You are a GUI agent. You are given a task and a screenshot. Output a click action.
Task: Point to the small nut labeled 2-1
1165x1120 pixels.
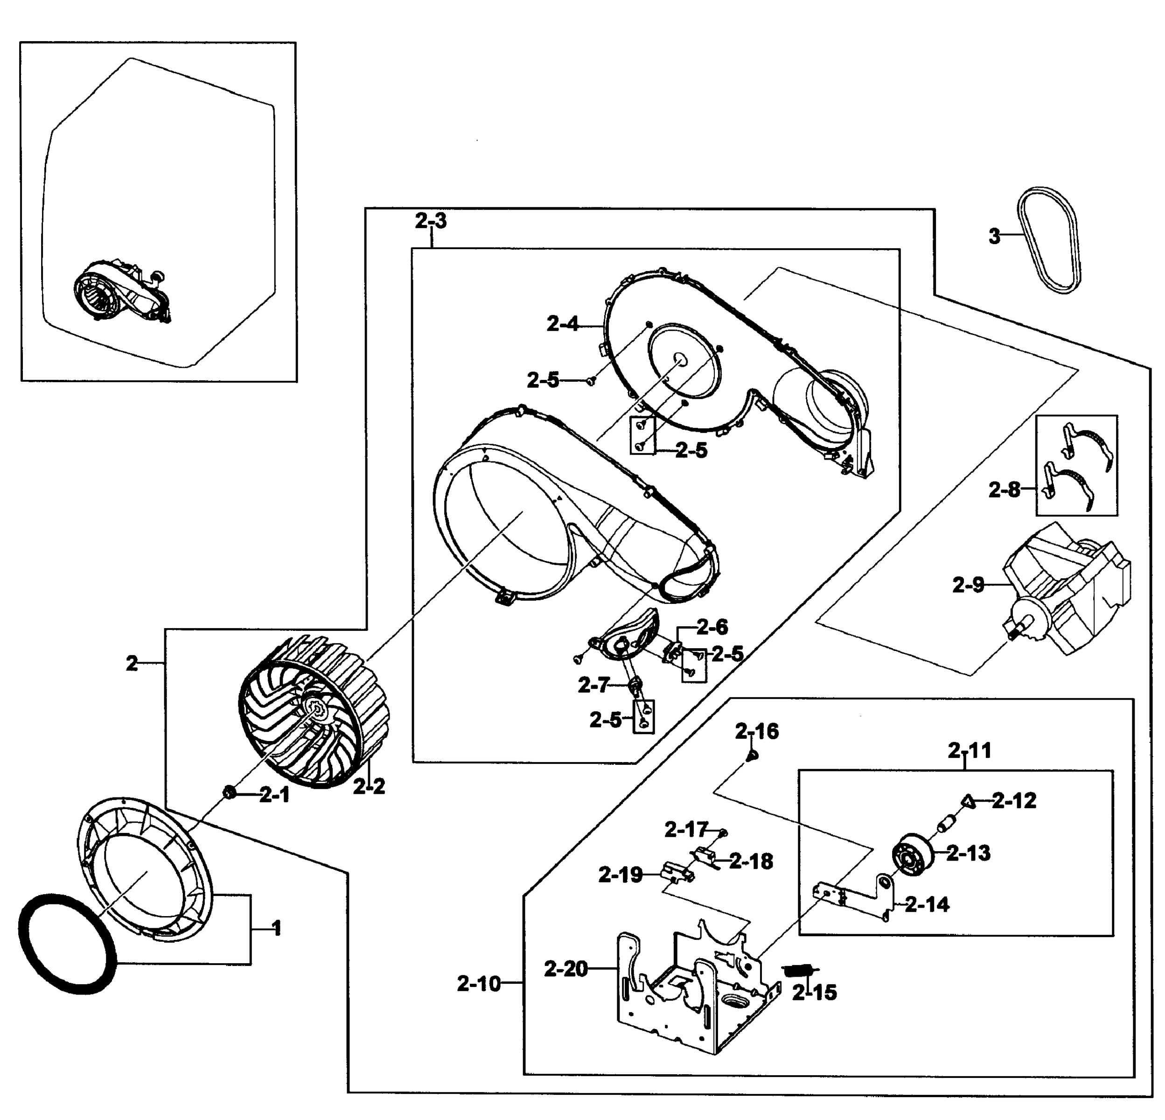pos(228,792)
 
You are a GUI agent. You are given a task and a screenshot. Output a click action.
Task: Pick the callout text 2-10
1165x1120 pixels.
pos(479,984)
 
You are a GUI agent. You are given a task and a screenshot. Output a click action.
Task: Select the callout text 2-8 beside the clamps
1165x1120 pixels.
pos(1005,490)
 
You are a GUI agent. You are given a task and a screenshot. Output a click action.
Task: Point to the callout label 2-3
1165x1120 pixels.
pos(430,221)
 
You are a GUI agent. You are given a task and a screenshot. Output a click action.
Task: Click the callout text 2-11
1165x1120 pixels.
pos(970,751)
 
